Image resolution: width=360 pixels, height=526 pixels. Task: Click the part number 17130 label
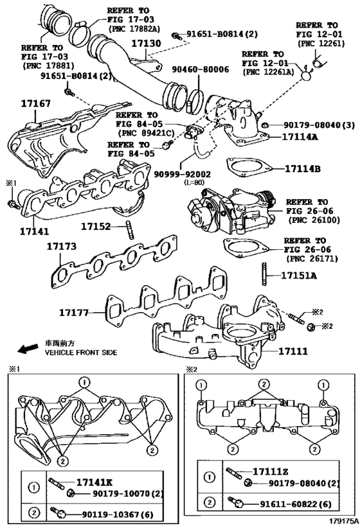tap(146, 44)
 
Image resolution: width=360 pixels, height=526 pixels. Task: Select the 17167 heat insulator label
tap(35, 103)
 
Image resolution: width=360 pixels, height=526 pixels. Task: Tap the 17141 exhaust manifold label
tap(34, 231)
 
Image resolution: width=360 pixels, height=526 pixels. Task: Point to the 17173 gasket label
tap(62, 247)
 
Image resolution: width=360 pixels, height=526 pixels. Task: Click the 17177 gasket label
tap(74, 313)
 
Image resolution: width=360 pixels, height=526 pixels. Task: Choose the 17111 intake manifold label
tap(293, 351)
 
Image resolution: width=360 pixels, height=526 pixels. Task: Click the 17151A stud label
tap(299, 276)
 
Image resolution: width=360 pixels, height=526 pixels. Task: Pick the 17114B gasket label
tap(302, 169)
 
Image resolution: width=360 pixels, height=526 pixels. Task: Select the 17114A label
tap(300, 137)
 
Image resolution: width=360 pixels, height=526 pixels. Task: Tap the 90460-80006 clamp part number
tap(201, 69)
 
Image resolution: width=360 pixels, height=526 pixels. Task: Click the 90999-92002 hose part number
tap(183, 175)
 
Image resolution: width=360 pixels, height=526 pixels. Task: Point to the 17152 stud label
tap(96, 227)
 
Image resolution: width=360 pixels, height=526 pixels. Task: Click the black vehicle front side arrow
tap(28, 348)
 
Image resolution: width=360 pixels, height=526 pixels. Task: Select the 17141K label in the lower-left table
tap(94, 483)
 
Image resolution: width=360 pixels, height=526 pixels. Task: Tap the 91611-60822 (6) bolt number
tap(296, 504)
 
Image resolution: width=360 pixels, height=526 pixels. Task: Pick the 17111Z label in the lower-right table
tap(271, 471)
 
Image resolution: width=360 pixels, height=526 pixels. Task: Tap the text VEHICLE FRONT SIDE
tap(81, 353)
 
